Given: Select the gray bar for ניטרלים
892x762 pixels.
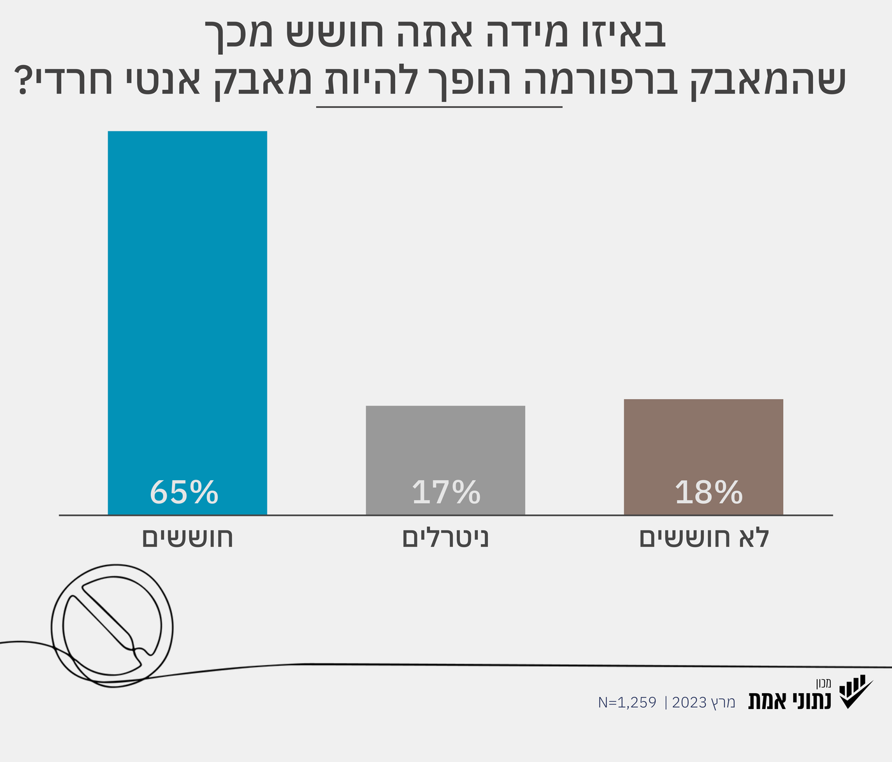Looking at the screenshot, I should (x=445, y=446).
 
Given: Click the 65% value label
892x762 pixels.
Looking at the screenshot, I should (x=184, y=493).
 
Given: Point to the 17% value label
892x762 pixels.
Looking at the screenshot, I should (x=446, y=493).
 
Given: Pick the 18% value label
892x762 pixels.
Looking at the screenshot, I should (x=709, y=493).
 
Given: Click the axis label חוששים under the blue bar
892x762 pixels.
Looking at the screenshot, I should (x=187, y=538).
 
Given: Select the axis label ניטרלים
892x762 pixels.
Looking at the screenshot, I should (x=445, y=538).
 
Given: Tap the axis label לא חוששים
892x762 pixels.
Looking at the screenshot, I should (x=705, y=538).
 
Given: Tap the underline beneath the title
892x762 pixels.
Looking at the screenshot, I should (x=439, y=107).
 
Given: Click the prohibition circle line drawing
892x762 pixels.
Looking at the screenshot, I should (x=112, y=625).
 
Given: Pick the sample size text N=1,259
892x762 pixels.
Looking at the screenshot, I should (x=627, y=703).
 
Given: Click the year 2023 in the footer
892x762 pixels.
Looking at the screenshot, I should (x=689, y=703).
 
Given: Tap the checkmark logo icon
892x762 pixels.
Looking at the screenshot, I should (x=854, y=692).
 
